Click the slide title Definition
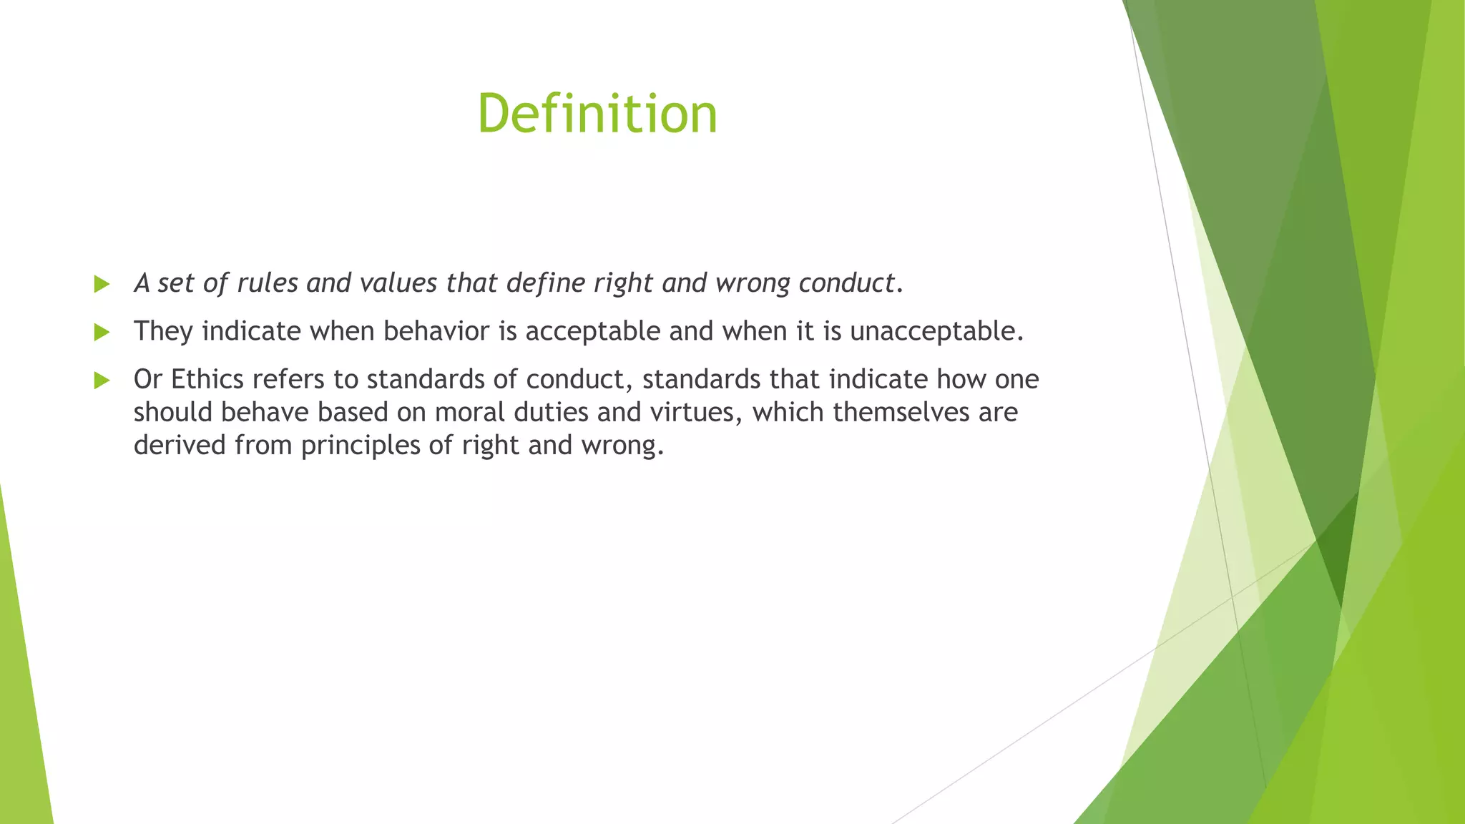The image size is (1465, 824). [597, 114]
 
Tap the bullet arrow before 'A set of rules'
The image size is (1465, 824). [102, 285]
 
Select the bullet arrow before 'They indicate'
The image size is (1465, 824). [102, 332]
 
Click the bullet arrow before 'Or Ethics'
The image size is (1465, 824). [102, 381]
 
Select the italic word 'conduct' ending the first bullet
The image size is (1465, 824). [846, 283]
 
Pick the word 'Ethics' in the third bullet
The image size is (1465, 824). [207, 379]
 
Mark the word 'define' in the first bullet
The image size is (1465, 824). [546, 283]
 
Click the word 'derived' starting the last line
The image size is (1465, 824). [180, 446]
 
